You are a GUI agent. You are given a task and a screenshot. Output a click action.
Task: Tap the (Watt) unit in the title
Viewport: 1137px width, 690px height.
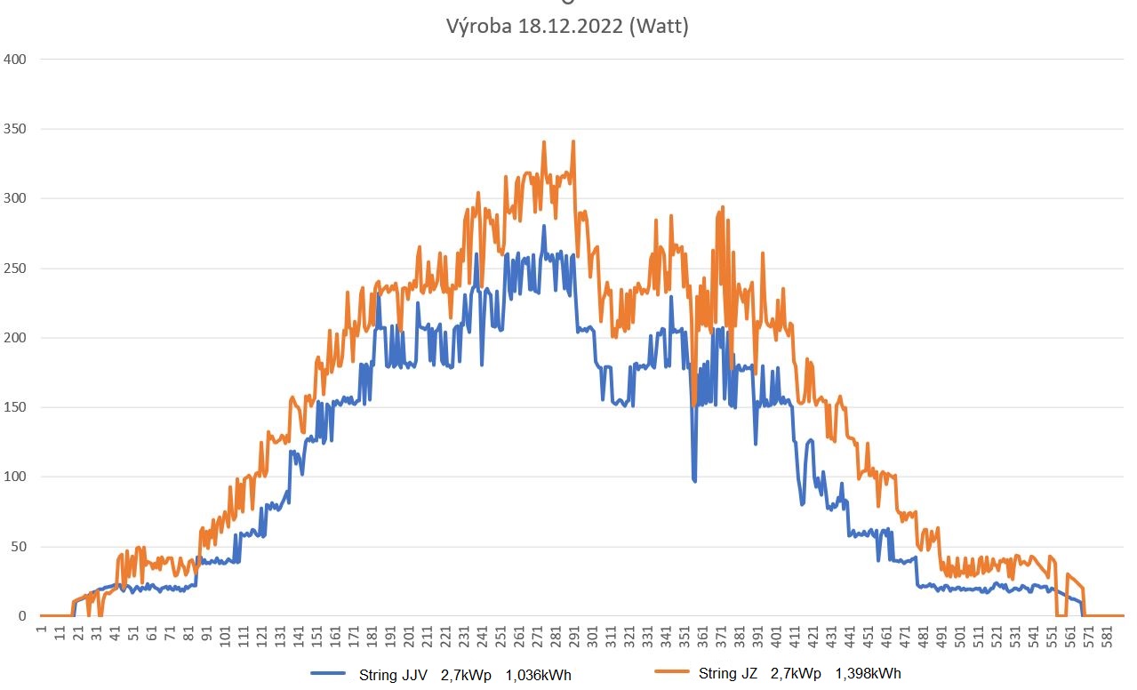[658, 27]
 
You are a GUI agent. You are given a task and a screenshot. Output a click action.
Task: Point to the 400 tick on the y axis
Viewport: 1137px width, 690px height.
[15, 60]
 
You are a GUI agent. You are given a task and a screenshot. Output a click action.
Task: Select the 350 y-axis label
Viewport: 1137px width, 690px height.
[15, 129]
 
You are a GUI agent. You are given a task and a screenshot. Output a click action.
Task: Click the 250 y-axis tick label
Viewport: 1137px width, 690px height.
[15, 269]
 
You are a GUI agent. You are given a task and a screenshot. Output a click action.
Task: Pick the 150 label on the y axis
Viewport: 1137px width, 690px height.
[15, 407]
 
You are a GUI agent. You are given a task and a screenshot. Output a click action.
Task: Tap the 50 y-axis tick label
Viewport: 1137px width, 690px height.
[19, 547]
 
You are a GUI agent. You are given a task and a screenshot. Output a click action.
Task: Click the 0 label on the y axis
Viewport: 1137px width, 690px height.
[22, 616]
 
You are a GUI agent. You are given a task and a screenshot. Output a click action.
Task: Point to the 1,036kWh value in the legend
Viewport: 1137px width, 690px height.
[538, 675]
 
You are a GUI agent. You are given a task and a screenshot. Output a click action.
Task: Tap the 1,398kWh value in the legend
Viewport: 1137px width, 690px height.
[869, 674]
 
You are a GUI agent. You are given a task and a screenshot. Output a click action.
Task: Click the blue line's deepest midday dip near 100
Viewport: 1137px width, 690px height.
[694, 481]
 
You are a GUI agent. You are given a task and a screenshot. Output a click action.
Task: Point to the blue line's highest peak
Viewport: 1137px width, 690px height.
[543, 226]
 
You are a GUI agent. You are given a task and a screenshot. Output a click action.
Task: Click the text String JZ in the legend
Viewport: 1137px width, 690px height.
[728, 674]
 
